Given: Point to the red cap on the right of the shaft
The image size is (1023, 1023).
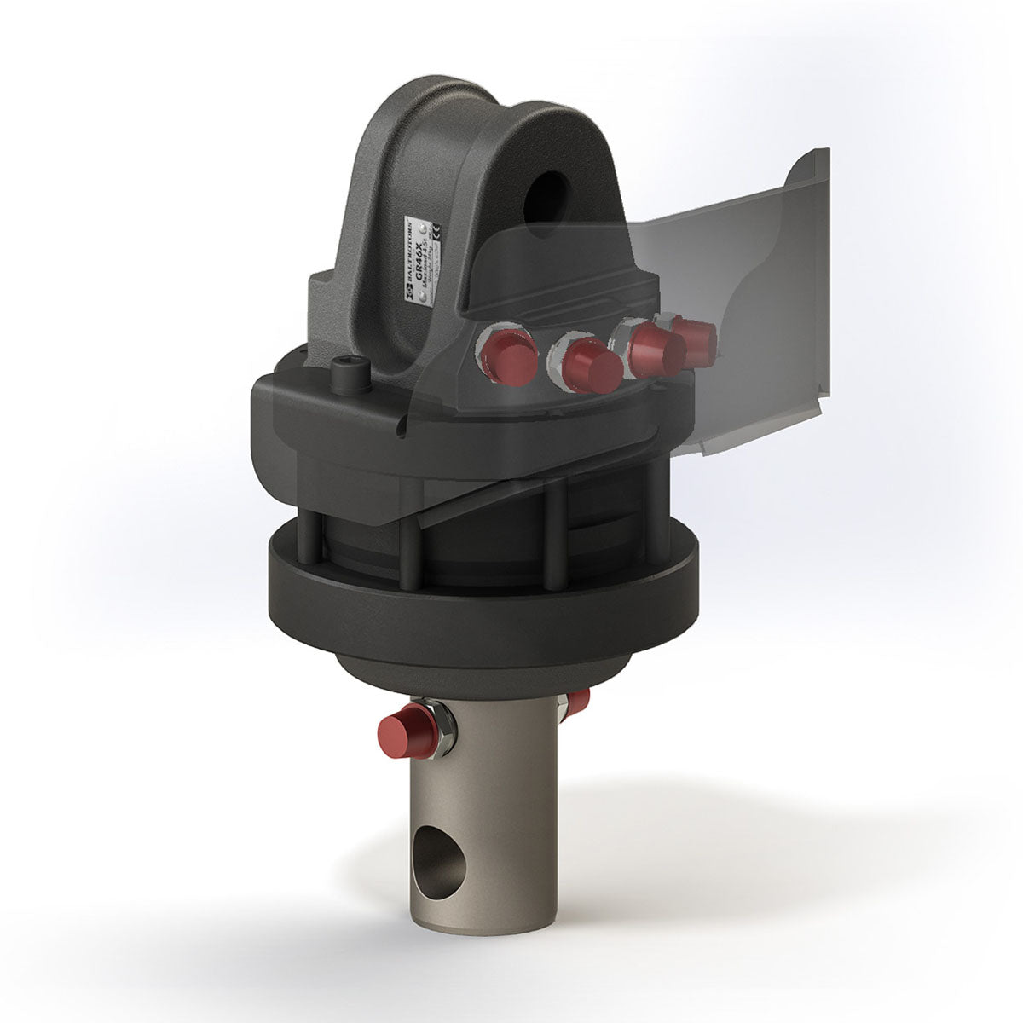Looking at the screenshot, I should coord(577,701).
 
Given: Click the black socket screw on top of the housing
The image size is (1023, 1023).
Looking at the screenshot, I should coord(350,372).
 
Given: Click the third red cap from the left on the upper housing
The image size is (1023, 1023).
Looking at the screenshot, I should coord(656,348).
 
